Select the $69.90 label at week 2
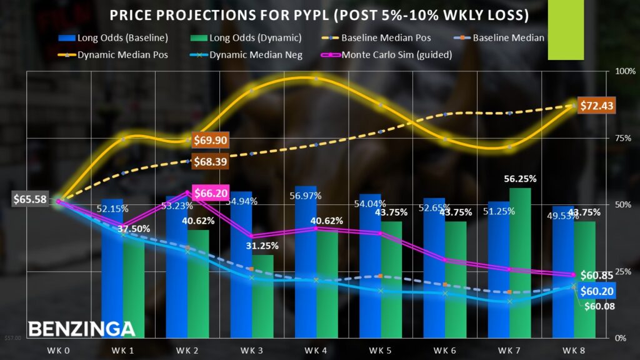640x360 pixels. [x=209, y=141]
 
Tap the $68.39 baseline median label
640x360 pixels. [x=209, y=161]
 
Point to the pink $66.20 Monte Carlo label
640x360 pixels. [x=211, y=194]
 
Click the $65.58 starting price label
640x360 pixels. [x=29, y=200]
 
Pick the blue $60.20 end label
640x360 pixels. [x=597, y=290]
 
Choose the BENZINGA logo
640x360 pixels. [x=81, y=329]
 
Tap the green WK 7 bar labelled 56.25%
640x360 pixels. [x=519, y=262]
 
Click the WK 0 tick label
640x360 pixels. [x=61, y=349]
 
